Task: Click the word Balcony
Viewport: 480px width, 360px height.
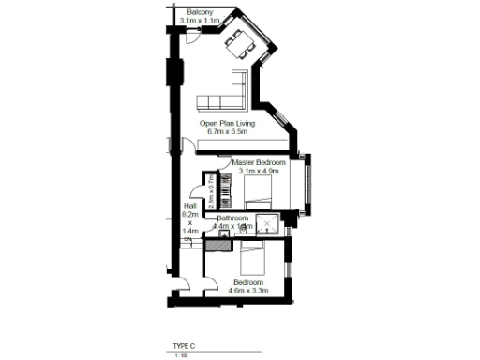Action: pyautogui.click(x=199, y=12)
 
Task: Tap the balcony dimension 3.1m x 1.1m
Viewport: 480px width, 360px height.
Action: pyautogui.click(x=199, y=20)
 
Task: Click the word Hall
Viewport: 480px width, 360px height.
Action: pyautogui.click(x=190, y=206)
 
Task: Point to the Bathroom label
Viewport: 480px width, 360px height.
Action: pyautogui.click(x=232, y=218)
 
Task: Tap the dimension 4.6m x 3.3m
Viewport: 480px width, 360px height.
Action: pyautogui.click(x=248, y=291)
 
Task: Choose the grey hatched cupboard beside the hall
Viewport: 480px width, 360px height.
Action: pyautogui.click(x=217, y=245)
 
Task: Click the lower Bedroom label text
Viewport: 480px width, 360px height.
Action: pyautogui.click(x=248, y=282)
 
